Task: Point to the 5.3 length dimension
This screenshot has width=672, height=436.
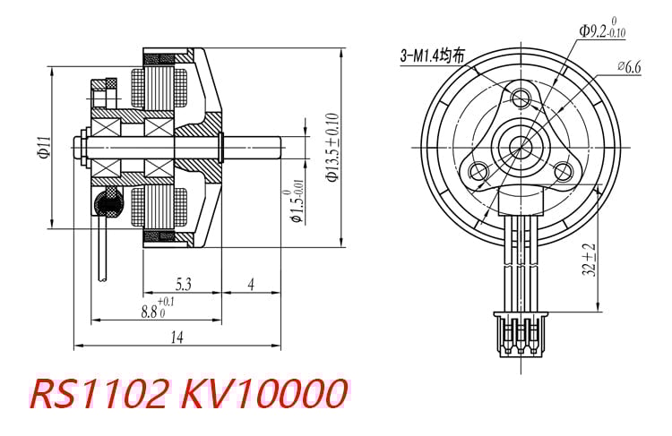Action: (x=183, y=285)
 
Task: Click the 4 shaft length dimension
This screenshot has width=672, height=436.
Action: (x=251, y=285)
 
